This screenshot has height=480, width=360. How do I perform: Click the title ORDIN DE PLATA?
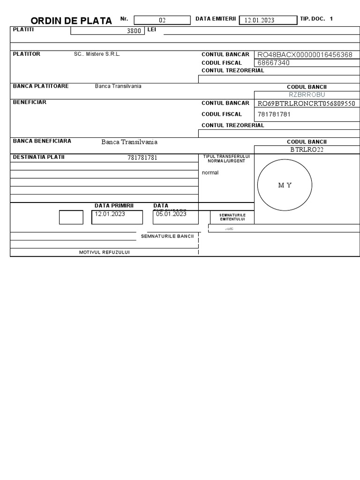71,21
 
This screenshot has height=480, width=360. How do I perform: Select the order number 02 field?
163,20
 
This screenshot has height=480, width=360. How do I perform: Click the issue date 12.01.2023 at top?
259,20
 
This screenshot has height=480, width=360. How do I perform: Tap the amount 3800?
134,31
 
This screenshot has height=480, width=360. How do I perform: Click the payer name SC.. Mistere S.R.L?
97,54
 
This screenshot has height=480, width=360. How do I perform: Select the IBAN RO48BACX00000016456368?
305,55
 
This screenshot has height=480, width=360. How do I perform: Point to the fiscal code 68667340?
273,63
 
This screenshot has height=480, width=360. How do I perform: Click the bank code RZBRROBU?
307,95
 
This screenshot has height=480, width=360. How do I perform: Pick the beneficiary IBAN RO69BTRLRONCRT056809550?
307,104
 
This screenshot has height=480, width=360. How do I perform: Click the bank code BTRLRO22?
307,150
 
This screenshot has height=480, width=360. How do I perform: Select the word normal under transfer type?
210,172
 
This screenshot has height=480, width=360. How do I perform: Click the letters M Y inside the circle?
285,185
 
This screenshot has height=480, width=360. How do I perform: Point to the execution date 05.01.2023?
171,214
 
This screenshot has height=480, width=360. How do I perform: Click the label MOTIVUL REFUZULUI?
105,252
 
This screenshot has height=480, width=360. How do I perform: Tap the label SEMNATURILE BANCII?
167,236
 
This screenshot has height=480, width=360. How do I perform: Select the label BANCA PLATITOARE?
41,86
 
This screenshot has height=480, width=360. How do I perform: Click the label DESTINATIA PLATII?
38,157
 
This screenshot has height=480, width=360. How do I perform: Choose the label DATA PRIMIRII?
114,206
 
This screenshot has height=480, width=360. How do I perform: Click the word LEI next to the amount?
151,30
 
